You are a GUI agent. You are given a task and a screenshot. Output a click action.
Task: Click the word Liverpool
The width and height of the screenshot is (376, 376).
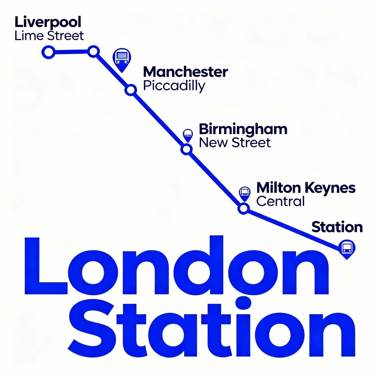pyautogui.click(x=48, y=23)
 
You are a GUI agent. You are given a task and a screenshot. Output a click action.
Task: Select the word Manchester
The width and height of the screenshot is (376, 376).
pyautogui.click(x=185, y=72)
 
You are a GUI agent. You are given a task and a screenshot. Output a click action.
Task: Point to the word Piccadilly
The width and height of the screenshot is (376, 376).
pyautogui.click(x=174, y=86)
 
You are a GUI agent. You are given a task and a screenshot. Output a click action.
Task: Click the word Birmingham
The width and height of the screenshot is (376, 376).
pyautogui.click(x=243, y=129)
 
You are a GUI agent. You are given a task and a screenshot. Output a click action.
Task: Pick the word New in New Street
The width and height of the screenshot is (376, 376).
pyautogui.click(x=213, y=143)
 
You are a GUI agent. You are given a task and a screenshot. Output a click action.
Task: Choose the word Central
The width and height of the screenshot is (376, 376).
pyautogui.click(x=280, y=201)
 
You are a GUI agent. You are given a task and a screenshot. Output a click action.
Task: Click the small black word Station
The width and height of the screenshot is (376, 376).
pyautogui.click(x=337, y=227)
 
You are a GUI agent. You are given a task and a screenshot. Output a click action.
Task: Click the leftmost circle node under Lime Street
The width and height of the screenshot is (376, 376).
pyautogui.click(x=48, y=52)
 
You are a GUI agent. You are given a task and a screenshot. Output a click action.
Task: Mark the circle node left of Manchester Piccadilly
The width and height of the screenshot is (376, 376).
pyautogui.click(x=131, y=90)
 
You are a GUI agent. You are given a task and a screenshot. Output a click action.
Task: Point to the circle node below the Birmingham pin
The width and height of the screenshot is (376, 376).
pyautogui.click(x=186, y=149)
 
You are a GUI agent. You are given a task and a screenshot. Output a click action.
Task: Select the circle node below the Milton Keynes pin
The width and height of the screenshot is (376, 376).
pyautogui.click(x=243, y=208)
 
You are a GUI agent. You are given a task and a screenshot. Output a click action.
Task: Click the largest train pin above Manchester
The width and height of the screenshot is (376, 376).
pyautogui.click(x=122, y=59)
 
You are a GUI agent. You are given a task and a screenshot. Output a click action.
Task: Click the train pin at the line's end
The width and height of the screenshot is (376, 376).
pyautogui.click(x=347, y=248)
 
